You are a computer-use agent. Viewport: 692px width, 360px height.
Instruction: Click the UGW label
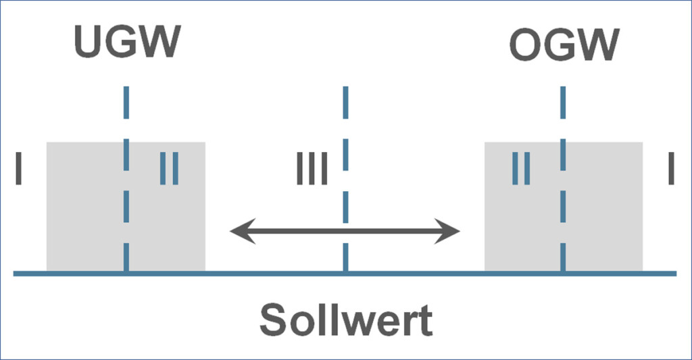(x=128, y=41)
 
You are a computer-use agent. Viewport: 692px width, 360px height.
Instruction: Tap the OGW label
(x=564, y=45)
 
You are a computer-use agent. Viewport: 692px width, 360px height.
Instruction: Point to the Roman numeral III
(x=312, y=169)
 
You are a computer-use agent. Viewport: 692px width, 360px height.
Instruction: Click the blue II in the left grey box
(x=169, y=169)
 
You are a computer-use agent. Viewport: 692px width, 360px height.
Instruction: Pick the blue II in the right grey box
(x=520, y=169)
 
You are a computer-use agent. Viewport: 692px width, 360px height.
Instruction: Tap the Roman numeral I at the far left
(x=20, y=169)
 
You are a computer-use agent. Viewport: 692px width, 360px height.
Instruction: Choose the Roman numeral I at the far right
(x=671, y=169)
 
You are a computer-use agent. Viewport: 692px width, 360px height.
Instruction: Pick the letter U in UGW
(x=88, y=41)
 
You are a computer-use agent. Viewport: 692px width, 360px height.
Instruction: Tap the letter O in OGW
(x=525, y=45)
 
